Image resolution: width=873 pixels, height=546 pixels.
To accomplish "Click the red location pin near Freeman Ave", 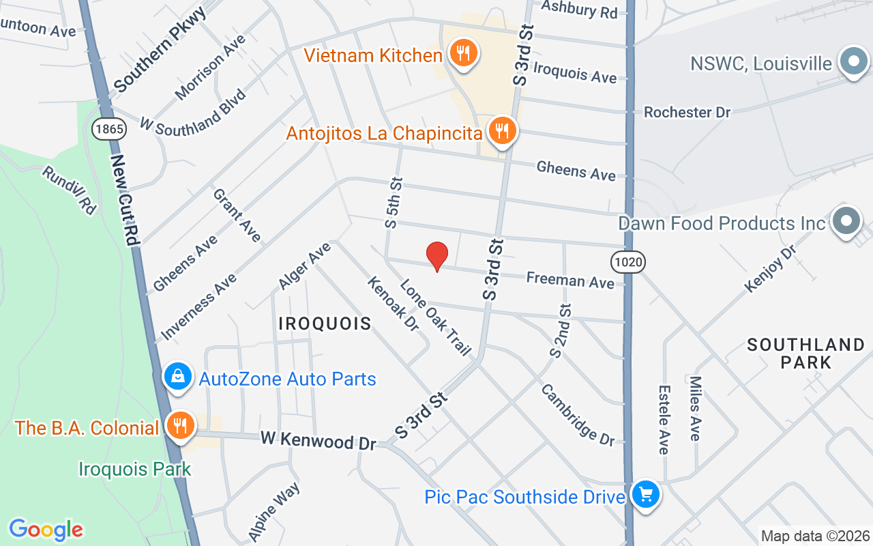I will [x=436, y=256].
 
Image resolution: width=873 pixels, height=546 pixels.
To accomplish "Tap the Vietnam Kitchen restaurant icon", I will [x=463, y=53].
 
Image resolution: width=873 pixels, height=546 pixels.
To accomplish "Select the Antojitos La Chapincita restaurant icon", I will [x=502, y=130].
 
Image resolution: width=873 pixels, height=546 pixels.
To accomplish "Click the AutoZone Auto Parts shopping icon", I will [x=178, y=376].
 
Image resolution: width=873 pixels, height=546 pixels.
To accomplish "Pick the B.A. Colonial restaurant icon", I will [x=180, y=427].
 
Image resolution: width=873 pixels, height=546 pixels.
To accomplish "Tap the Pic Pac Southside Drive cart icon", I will [x=645, y=494].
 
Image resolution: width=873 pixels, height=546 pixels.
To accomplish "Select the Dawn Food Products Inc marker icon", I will [x=846, y=221].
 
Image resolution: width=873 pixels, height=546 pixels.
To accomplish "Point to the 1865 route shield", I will [x=110, y=128].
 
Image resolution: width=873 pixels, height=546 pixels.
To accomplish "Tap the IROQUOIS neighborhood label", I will [x=325, y=324].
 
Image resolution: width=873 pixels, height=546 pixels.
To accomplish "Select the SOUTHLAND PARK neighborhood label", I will [x=805, y=353].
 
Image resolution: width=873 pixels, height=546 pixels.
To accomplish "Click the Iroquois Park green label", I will [x=134, y=470].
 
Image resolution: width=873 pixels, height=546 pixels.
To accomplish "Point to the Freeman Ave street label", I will [x=570, y=279].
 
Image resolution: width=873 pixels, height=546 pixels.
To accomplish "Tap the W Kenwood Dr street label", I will [x=318, y=440].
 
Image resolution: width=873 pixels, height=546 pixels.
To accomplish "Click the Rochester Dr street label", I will [x=687, y=112].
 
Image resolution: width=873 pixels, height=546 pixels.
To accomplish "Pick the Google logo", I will [x=46, y=530].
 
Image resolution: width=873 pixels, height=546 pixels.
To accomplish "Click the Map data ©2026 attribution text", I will [x=815, y=536].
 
